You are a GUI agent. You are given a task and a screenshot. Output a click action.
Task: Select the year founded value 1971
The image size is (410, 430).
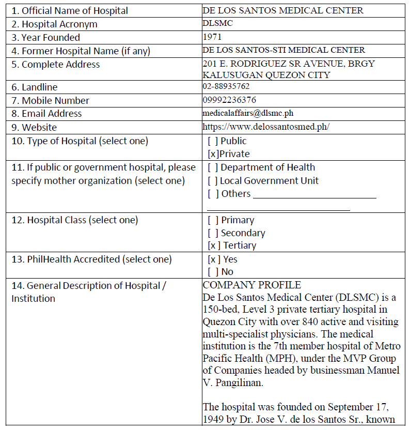click(x=213, y=37)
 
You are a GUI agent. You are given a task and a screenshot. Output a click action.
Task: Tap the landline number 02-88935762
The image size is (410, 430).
click(x=226, y=86)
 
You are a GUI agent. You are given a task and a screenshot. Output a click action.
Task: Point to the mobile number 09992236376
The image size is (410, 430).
click(x=229, y=100)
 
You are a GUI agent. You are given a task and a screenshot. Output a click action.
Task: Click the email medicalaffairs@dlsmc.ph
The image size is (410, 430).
click(x=248, y=113)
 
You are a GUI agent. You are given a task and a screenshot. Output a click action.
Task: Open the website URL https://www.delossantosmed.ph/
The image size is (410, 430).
click(x=266, y=127)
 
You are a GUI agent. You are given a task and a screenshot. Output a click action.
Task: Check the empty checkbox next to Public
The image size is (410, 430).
click(x=212, y=141)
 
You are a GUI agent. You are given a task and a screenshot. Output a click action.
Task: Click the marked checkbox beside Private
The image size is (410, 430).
click(x=212, y=154)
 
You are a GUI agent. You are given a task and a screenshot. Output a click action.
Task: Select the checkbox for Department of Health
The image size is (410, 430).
click(x=212, y=167)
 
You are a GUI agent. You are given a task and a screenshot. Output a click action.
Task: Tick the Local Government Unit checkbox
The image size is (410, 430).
click(x=212, y=181)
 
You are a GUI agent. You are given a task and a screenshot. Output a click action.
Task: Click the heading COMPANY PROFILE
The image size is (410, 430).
click(x=252, y=285)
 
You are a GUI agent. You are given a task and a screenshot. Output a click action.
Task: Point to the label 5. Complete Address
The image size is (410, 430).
click(x=56, y=65)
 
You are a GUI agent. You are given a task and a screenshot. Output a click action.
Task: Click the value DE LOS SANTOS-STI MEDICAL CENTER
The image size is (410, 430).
click(x=284, y=50)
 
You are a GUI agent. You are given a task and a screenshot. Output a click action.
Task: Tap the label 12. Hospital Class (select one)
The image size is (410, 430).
click(x=75, y=220)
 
